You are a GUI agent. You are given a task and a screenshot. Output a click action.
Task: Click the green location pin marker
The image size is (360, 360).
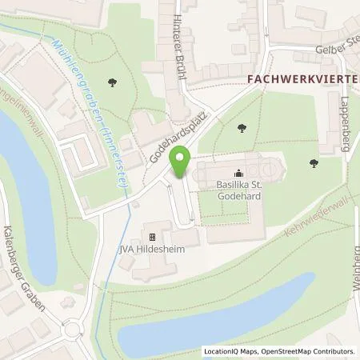tap(182, 163)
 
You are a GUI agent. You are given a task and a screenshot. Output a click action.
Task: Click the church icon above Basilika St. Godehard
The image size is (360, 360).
tap(238, 173)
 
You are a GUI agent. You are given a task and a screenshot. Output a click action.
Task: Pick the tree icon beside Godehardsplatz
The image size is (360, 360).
tap(242, 127)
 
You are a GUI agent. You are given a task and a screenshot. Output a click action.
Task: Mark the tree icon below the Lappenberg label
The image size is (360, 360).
tap(313, 163)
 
